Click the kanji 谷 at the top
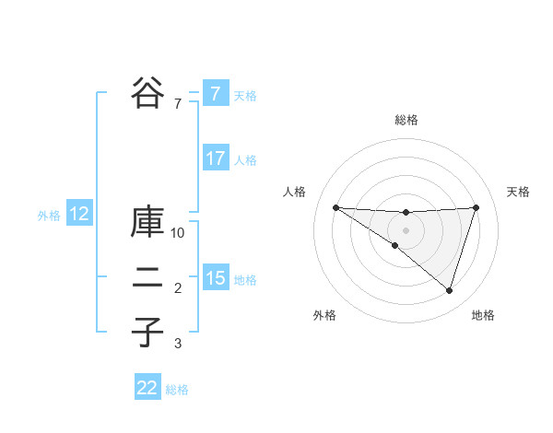click(x=147, y=92)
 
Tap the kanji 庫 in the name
click(x=147, y=224)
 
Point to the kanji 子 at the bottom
click(x=147, y=332)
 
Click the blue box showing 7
click(x=215, y=94)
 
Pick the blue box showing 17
click(x=215, y=158)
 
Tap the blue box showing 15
click(x=215, y=278)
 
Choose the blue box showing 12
click(x=78, y=215)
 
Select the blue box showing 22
click(x=147, y=388)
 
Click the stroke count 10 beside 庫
click(x=178, y=233)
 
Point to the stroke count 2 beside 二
click(x=178, y=289)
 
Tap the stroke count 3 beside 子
click(x=178, y=344)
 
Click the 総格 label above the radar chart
click(x=406, y=120)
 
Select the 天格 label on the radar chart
click(x=518, y=192)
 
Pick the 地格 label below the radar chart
click(x=483, y=315)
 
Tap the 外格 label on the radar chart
click(x=324, y=315)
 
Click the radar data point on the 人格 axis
click(x=335, y=207)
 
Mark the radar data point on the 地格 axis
click(x=449, y=290)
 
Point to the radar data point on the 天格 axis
click(x=476, y=207)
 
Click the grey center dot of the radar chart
click(x=406, y=229)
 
